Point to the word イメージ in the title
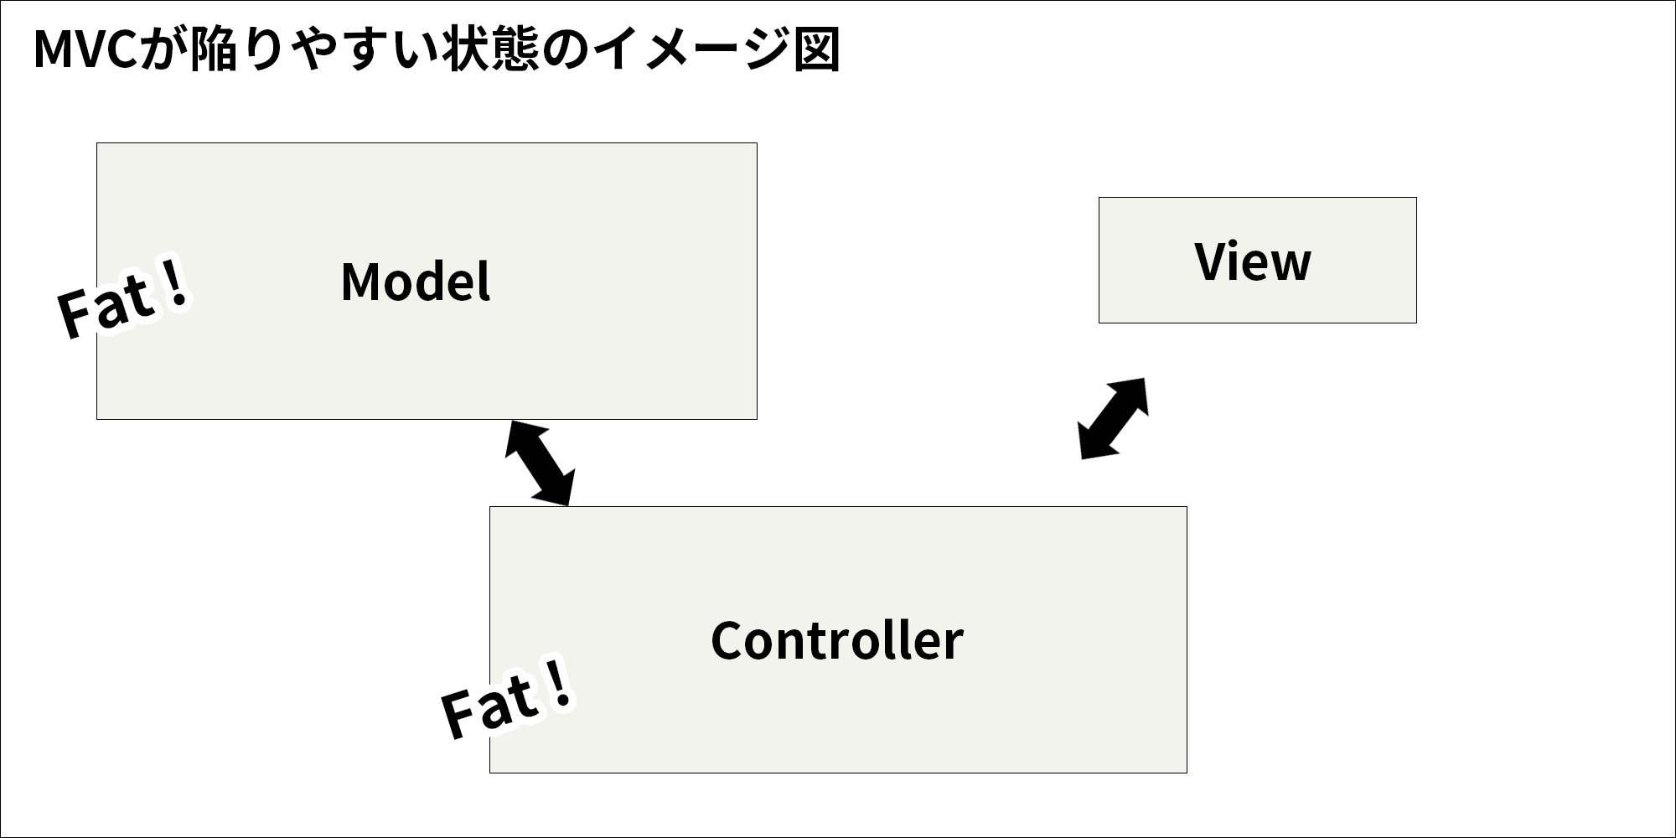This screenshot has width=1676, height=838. pyautogui.click(x=691, y=50)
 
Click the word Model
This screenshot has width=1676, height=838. pyautogui.click(x=416, y=282)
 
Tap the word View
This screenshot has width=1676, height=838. pyautogui.click(x=1253, y=261)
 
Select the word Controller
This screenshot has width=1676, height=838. pyautogui.click(x=837, y=641)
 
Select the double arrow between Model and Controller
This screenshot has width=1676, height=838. pyautogui.click(x=541, y=463)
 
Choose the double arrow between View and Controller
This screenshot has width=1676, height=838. pyautogui.click(x=1113, y=418)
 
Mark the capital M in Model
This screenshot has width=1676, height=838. pyautogui.click(x=359, y=282)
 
